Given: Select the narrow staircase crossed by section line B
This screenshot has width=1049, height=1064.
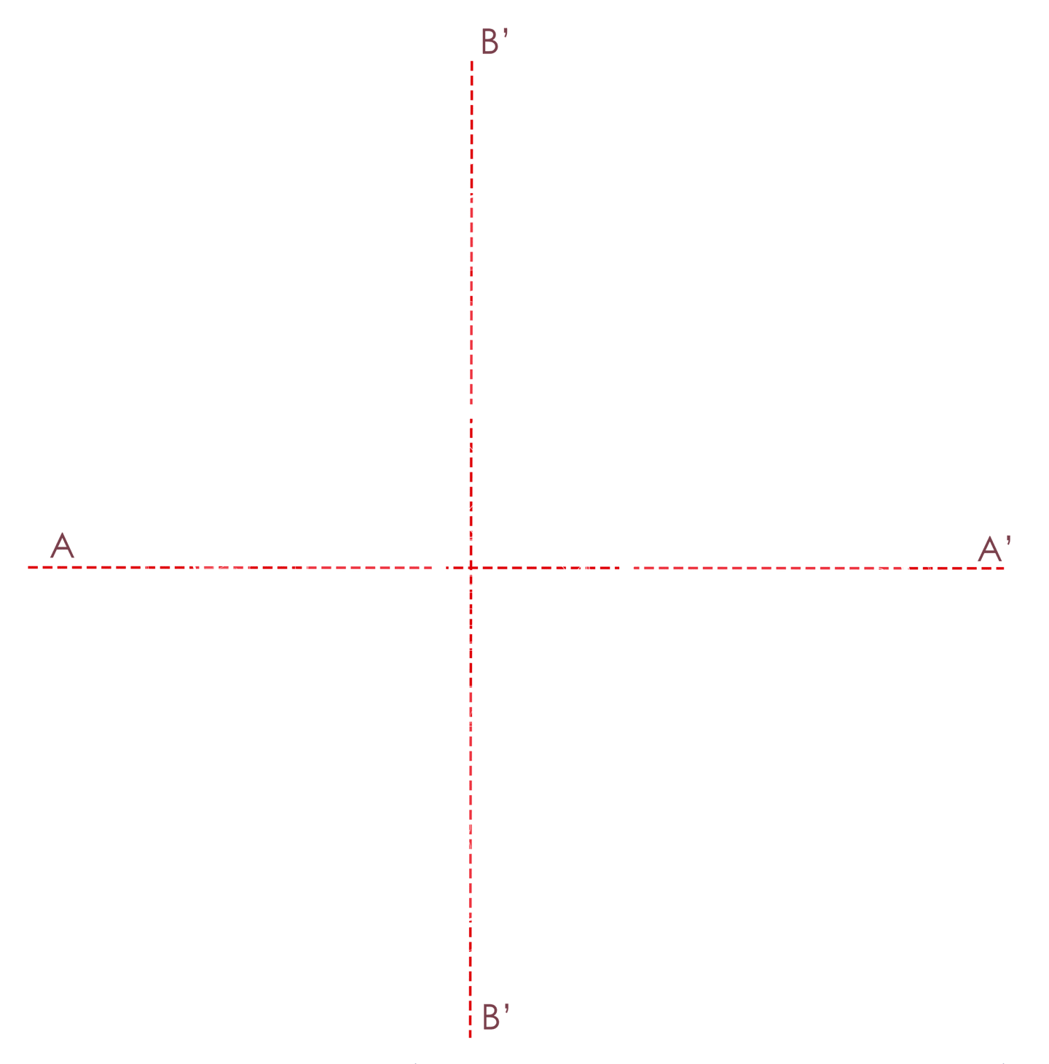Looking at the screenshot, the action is [x=477, y=628].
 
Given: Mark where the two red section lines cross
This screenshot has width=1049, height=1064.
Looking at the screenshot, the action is [x=471, y=567].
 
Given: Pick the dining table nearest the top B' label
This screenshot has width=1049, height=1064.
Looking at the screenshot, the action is [x=486, y=284].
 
